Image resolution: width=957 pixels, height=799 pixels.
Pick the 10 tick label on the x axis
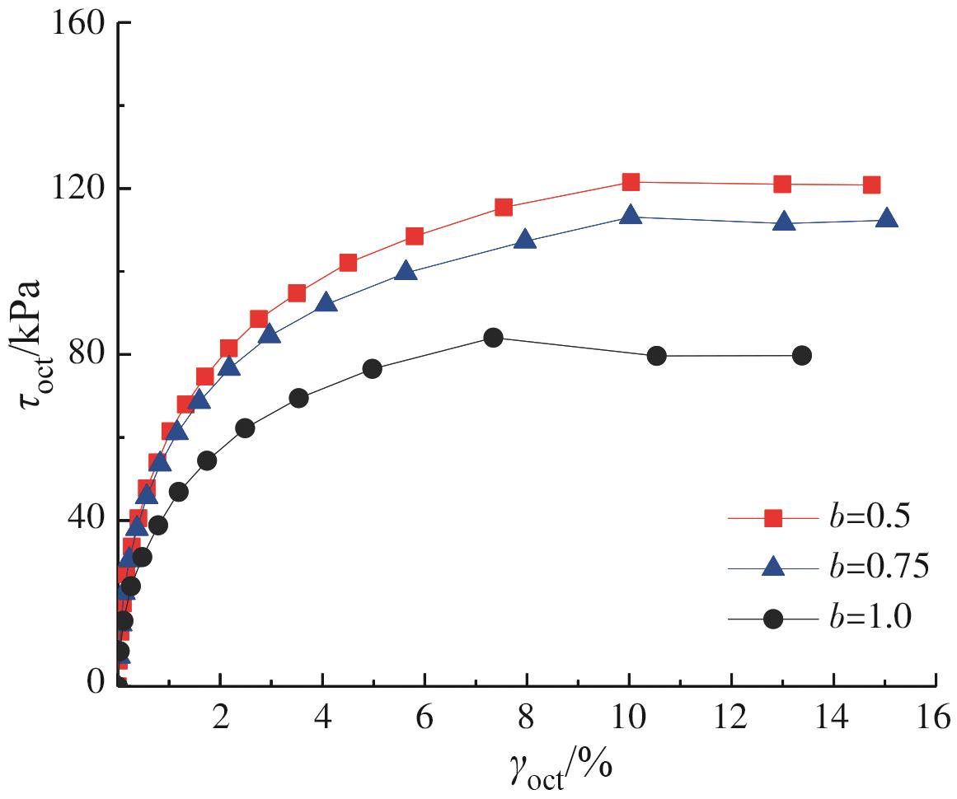coord(629,716)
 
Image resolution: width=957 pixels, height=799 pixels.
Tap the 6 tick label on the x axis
coord(425,716)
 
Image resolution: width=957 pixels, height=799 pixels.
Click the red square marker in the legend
coord(773,518)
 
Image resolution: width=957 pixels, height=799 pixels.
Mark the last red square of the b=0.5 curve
coord(872,185)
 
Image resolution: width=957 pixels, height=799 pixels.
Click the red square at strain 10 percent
coord(631,182)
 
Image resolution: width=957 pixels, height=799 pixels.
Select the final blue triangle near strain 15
coord(886,219)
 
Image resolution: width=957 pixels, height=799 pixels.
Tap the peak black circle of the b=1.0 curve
coord(493,337)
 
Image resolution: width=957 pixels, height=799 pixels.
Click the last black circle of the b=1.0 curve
coord(801,355)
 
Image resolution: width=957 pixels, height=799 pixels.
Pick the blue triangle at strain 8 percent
coord(525,241)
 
